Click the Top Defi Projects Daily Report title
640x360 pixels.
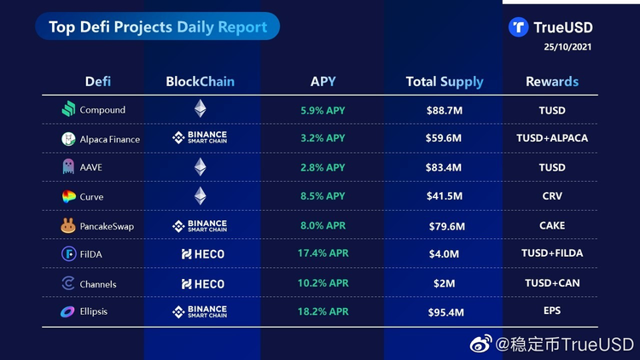pos(158,27)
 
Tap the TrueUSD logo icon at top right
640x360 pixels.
pos(518,27)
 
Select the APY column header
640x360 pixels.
pos(323,82)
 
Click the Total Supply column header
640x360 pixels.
pos(444,82)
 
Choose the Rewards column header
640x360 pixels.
pos(552,82)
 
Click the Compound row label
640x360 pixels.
pos(102,110)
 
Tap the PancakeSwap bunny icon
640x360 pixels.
pos(68,226)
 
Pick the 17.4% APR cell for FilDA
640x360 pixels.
pos(323,254)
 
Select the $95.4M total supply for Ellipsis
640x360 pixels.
pos(445,312)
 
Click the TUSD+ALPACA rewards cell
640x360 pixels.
pos(552,138)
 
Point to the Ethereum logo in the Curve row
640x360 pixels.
pos(201,196)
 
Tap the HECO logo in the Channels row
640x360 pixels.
pos(203,283)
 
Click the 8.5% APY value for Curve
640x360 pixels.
pos(323,196)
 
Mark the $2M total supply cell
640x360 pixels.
pos(445,283)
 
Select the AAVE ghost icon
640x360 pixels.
pos(68,168)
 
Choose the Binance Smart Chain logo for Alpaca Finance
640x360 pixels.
pos(201,138)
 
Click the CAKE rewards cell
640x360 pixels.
pos(552,226)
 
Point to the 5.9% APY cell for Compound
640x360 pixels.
pos(323,110)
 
